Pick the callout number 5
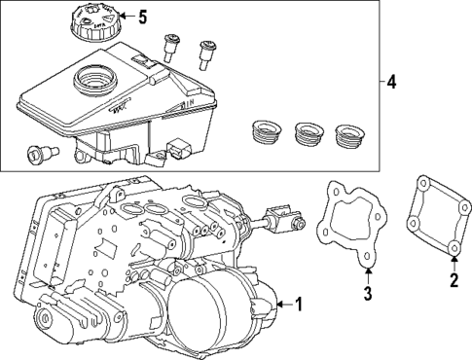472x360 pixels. point(142,18)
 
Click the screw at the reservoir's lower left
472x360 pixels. point(40,152)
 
